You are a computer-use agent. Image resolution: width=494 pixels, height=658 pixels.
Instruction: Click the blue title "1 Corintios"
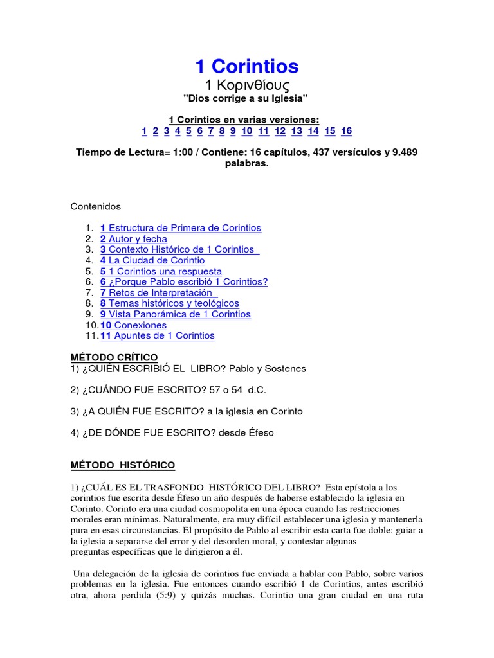247,66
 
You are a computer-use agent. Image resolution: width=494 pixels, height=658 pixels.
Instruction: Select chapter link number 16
346,131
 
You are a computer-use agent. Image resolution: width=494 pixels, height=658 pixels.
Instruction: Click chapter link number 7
211,131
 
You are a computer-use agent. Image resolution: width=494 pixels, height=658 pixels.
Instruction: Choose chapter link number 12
280,131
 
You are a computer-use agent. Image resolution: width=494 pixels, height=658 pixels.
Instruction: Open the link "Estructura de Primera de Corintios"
185,228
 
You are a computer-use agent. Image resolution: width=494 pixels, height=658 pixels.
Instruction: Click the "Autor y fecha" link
137,239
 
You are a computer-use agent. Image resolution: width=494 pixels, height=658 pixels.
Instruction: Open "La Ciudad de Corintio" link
156,260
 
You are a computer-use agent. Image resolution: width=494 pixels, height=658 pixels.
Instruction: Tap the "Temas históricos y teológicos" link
173,303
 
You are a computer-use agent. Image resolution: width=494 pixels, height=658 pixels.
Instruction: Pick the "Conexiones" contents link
137,325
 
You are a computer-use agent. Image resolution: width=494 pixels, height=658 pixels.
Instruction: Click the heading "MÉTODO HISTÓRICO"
122,465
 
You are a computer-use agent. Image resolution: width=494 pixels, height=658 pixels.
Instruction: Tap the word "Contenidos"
95,207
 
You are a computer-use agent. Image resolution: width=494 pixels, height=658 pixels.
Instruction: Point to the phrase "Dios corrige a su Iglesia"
247,98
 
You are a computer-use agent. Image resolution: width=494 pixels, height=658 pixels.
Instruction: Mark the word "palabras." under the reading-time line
247,163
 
